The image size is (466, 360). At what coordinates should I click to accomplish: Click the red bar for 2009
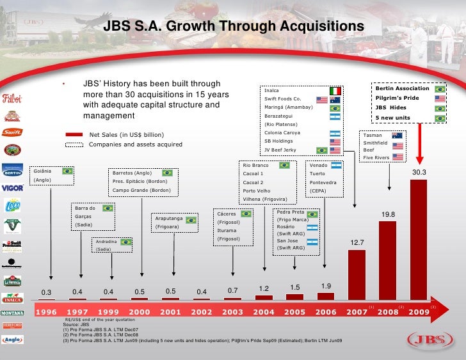point(419,239)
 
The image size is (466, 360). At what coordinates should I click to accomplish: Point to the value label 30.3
point(419,173)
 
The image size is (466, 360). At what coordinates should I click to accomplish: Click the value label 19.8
point(389,214)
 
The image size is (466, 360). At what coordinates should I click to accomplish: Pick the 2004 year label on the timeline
point(263,313)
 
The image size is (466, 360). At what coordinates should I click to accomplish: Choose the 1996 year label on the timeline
point(51,313)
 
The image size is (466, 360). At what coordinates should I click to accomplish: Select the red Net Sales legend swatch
point(74,135)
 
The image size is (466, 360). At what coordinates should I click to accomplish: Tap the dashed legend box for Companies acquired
point(74,145)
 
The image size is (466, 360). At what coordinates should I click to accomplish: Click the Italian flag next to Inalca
point(335,91)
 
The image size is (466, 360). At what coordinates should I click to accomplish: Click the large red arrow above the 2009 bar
point(420,141)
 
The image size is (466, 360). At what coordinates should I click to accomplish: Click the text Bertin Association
point(402,89)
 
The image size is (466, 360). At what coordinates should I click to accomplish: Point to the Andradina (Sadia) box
point(113,245)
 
